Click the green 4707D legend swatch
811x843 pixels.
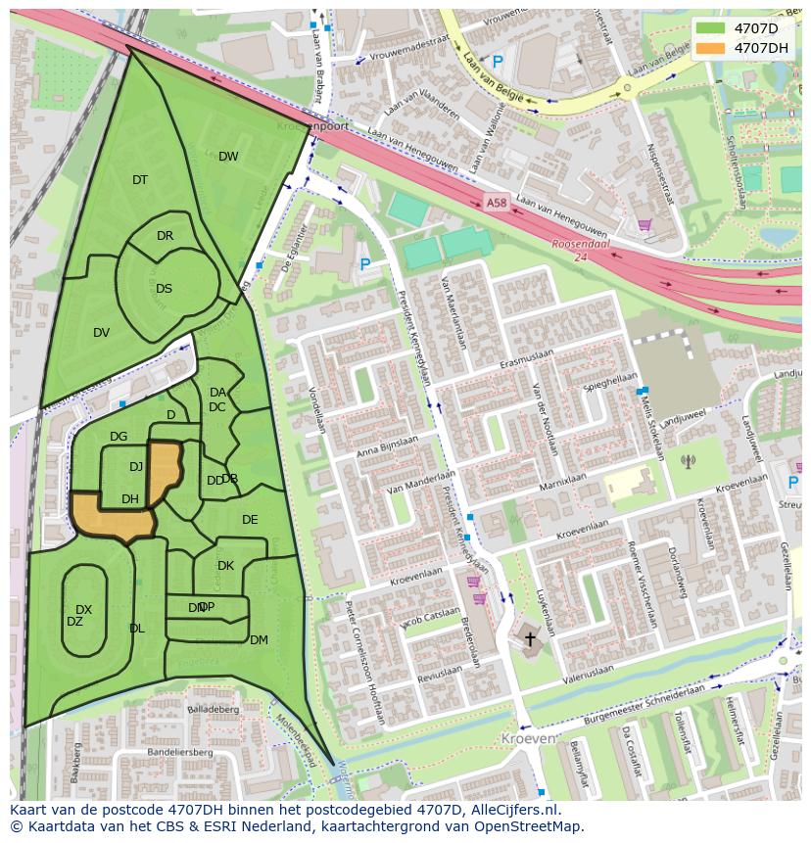coord(711,28)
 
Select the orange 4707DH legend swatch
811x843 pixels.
coord(711,48)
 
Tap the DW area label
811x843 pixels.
coord(228,157)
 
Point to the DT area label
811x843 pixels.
coord(140,180)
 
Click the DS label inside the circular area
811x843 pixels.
coord(164,289)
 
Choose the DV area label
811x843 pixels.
coord(101,333)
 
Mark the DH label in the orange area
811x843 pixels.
coord(129,499)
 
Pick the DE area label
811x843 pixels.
coord(250,520)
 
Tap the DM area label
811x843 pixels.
coord(259,640)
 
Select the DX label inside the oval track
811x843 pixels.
coord(83,610)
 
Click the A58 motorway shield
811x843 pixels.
coord(497,203)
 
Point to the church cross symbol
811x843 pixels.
coord(530,639)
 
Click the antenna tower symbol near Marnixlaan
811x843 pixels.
coord(688,460)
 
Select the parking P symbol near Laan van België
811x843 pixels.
coord(498,62)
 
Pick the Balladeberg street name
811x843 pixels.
coord(213,709)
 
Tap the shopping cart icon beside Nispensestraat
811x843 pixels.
coord(644,225)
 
